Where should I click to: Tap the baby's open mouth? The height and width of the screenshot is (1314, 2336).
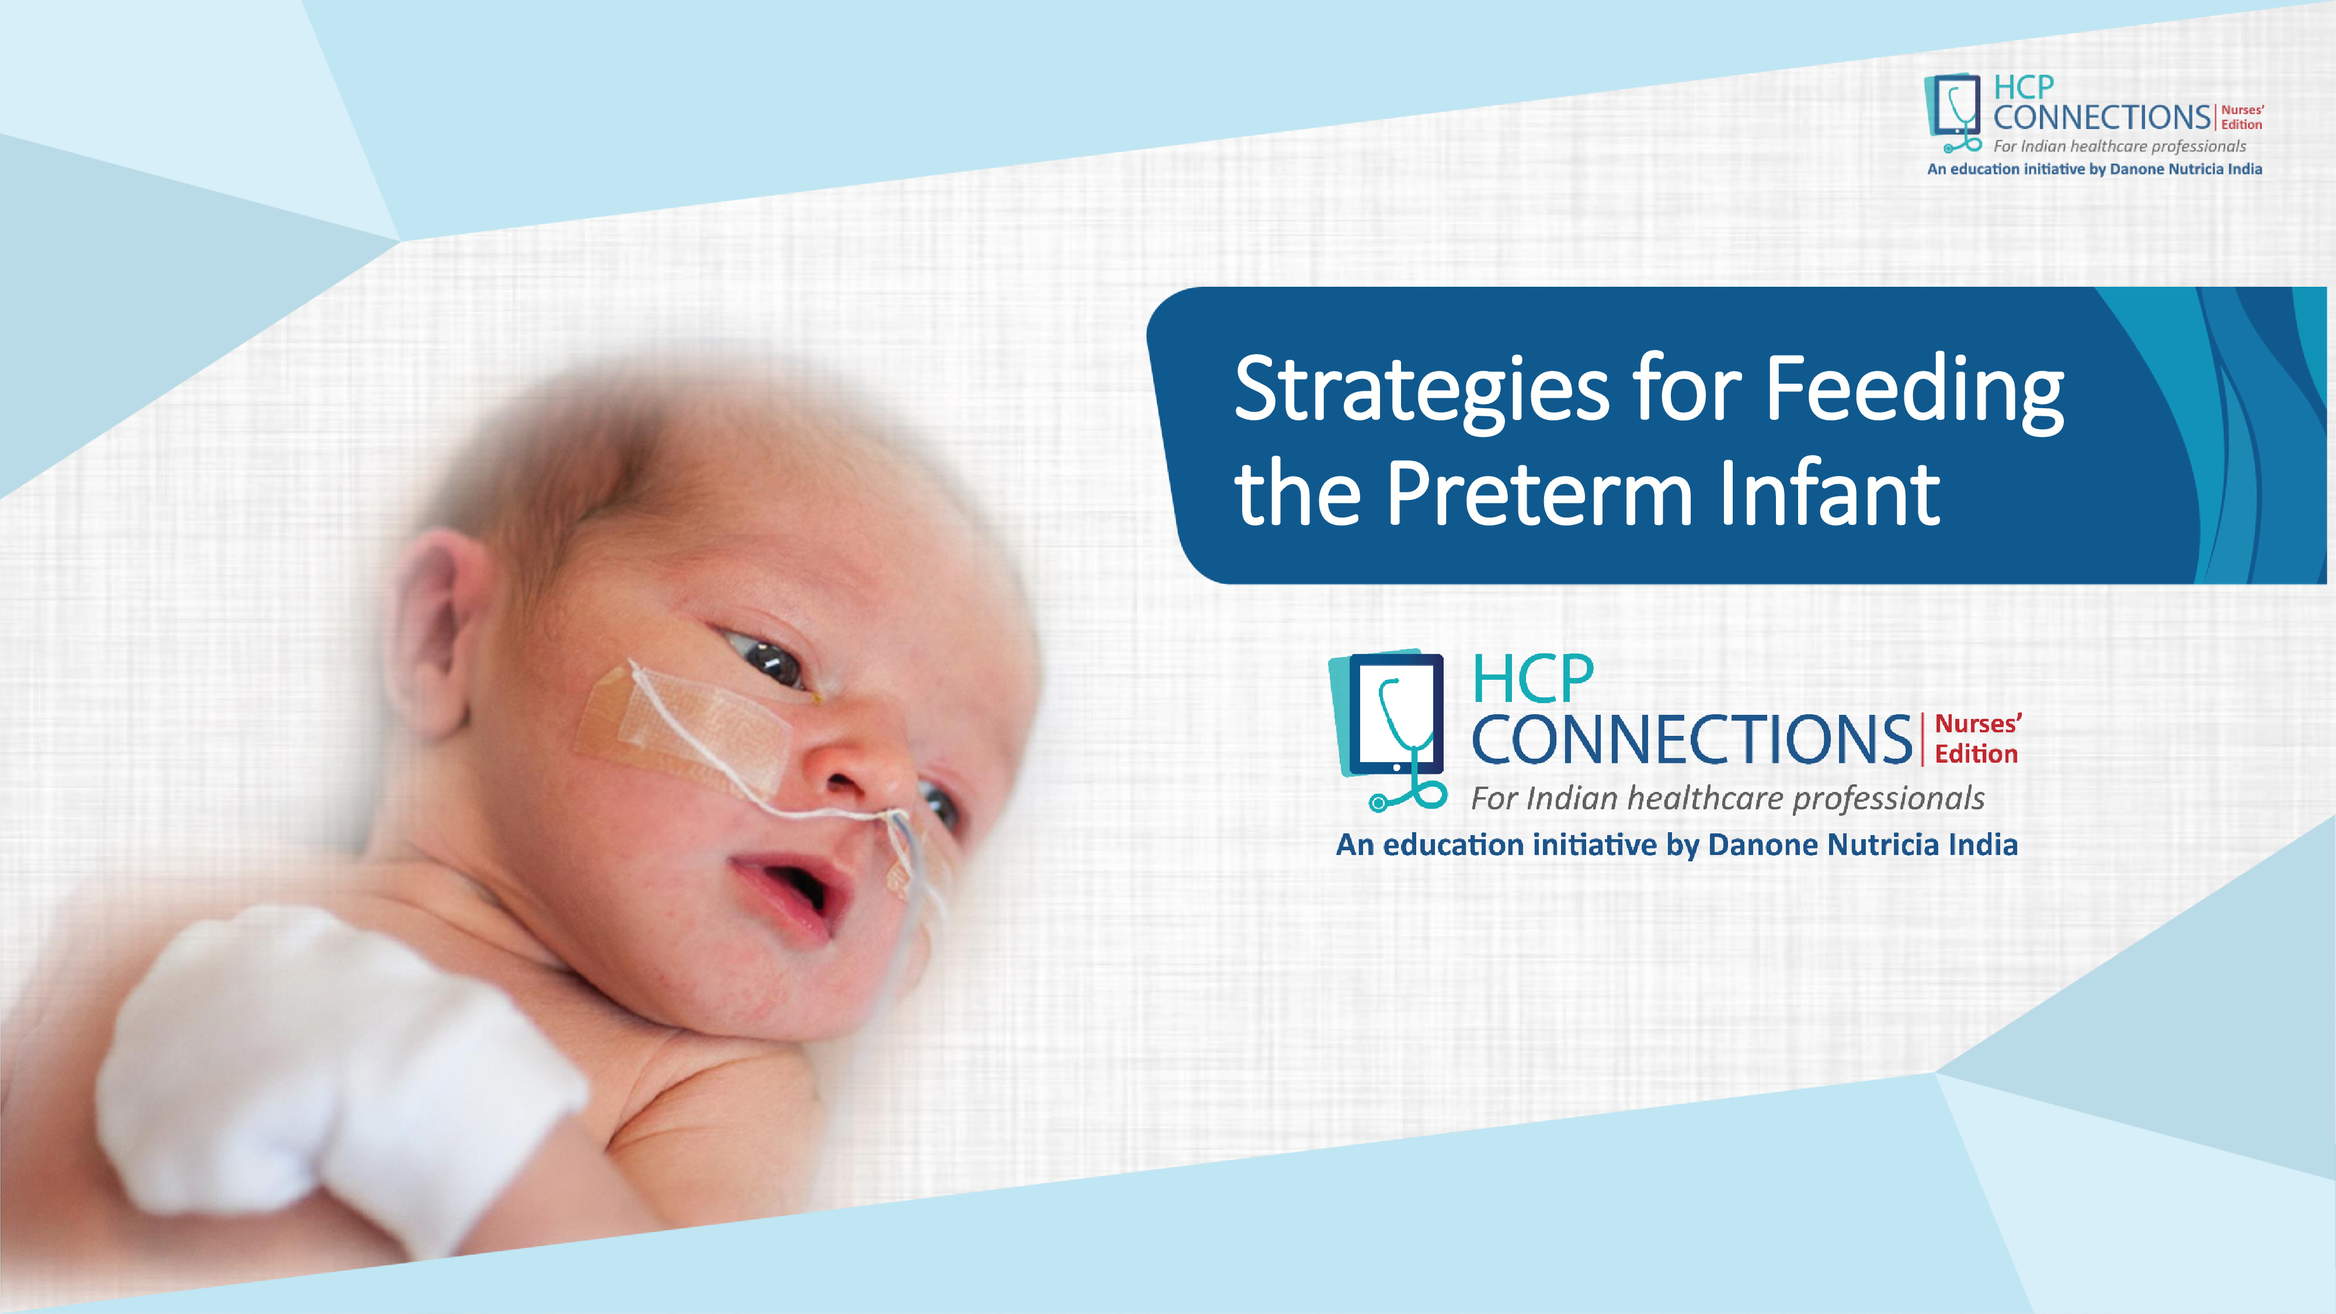(789, 894)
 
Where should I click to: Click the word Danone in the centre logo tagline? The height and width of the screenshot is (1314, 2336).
(1764, 845)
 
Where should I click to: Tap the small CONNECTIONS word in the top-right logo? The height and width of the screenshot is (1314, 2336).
(2102, 118)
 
